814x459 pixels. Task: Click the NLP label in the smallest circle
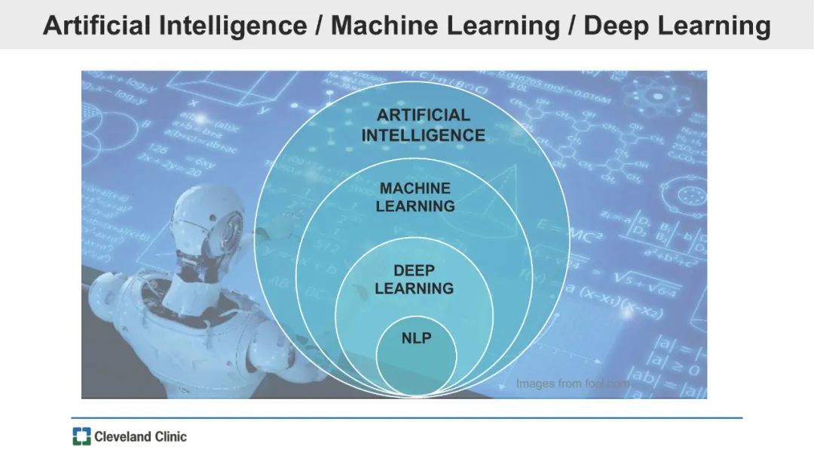coord(416,338)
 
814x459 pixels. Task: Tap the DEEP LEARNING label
coord(414,279)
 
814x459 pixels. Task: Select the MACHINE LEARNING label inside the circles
coord(415,197)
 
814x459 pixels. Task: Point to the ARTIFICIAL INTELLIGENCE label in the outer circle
coord(423,125)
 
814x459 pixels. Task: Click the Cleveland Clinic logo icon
coord(81,436)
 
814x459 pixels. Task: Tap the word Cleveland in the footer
coord(121,436)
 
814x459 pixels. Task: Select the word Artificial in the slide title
coord(96,26)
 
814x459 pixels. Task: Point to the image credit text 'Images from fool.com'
coord(572,384)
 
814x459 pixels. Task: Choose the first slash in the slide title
coord(320,26)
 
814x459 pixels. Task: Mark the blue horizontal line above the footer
coord(407,417)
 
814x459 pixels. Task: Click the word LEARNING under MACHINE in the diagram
coord(415,206)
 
